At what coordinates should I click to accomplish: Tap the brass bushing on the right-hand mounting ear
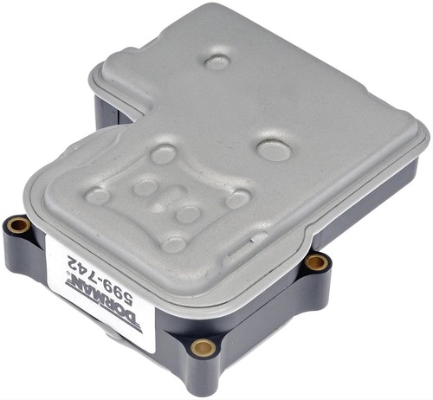(318, 261)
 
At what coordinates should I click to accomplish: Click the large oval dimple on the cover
(274, 150)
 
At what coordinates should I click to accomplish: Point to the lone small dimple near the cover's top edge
(216, 61)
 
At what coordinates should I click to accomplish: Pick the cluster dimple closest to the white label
(173, 244)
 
